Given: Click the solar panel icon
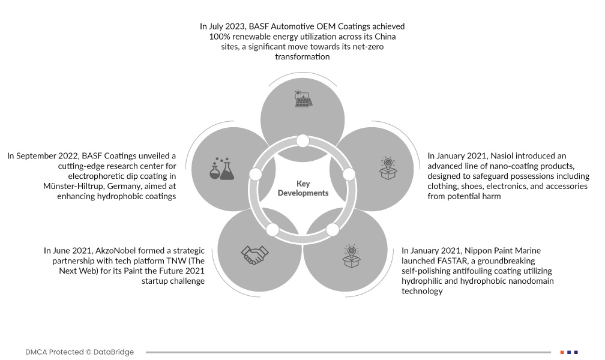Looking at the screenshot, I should pos(302,98).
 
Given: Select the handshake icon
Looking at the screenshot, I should pos(255,254).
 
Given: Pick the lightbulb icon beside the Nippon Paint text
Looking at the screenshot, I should pos(350,255).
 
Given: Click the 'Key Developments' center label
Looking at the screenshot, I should pos(302,188).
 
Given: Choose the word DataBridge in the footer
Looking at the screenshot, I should pos(113,352).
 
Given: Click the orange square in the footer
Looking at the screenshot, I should pos(562,352).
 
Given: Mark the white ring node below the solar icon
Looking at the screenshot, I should pos(302,141).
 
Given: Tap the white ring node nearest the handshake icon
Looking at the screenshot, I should pos(272,229).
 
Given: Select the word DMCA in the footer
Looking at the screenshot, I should pos(37,352).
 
